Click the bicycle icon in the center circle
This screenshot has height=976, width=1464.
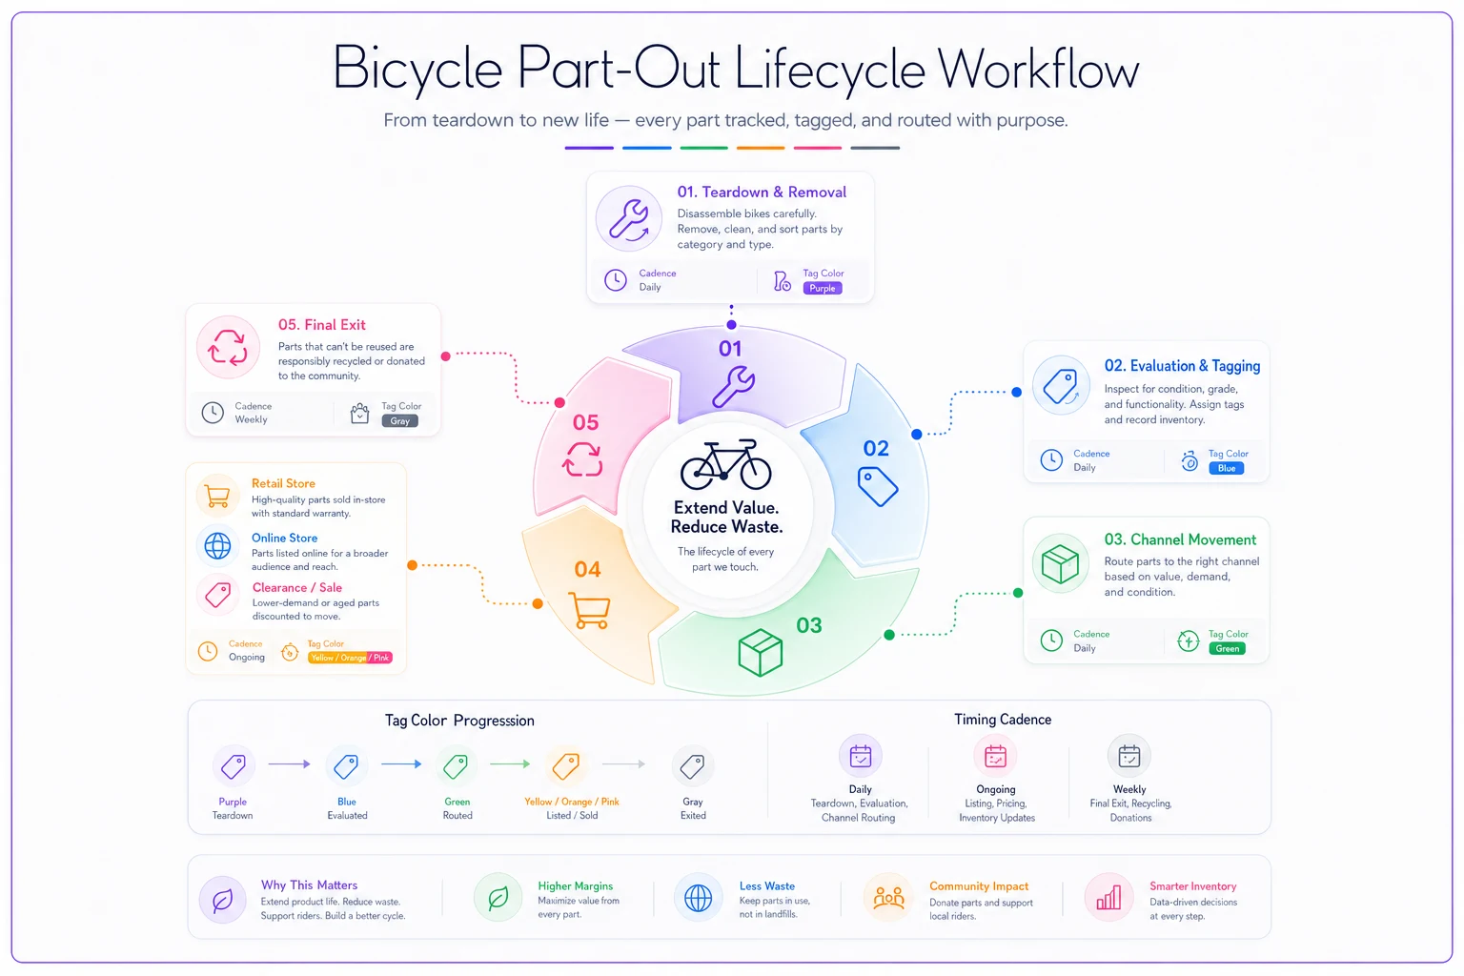pyautogui.click(x=725, y=464)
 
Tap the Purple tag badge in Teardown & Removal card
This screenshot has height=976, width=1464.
pyautogui.click(x=823, y=288)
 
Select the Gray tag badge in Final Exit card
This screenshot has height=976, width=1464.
pyautogui.click(x=400, y=421)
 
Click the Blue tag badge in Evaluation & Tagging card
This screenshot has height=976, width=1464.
pyautogui.click(x=1226, y=468)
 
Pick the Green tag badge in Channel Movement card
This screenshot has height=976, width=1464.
pyautogui.click(x=1227, y=648)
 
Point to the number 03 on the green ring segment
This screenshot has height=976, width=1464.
pyautogui.click(x=809, y=625)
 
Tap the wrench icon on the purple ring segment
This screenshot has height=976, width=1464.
pyautogui.click(x=733, y=387)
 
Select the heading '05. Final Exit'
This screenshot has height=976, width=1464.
pyautogui.click(x=321, y=325)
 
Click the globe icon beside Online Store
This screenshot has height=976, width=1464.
pyautogui.click(x=217, y=546)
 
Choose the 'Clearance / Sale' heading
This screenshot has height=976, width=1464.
pyautogui.click(x=297, y=588)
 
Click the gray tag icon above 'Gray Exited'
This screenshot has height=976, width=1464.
pyautogui.click(x=692, y=765)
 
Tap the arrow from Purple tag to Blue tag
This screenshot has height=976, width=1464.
pyautogui.click(x=289, y=763)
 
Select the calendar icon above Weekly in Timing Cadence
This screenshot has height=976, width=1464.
pyautogui.click(x=1128, y=757)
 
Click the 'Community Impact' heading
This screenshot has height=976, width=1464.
pyautogui.click(x=979, y=886)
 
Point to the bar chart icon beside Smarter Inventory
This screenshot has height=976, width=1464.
pyautogui.click(x=1108, y=898)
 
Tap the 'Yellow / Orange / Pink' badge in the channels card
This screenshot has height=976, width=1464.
pyautogui.click(x=350, y=658)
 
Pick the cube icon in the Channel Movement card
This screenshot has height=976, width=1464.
pyautogui.click(x=1060, y=564)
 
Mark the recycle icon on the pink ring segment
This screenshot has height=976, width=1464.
pyautogui.click(x=582, y=458)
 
